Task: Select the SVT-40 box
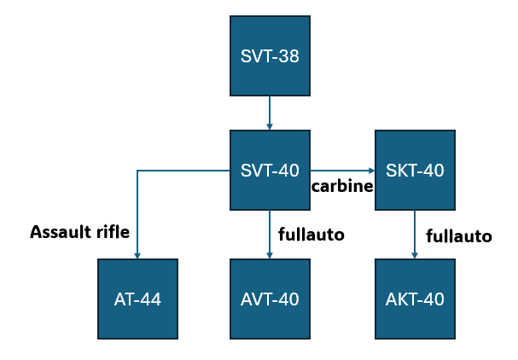(270, 170)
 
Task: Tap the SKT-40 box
(415, 170)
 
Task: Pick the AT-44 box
(137, 299)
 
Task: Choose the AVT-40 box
(270, 299)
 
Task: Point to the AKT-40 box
(415, 299)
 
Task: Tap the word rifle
(111, 231)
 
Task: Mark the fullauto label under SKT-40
(459, 235)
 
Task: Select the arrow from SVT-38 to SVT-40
(270, 112)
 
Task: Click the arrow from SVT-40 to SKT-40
(341, 171)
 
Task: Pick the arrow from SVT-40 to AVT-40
(270, 235)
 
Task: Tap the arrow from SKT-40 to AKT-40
(415, 235)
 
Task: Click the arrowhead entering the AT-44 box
(138, 255)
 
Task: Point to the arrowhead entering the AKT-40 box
(415, 255)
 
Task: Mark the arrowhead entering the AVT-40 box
(270, 255)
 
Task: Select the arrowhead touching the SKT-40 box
(371, 171)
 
